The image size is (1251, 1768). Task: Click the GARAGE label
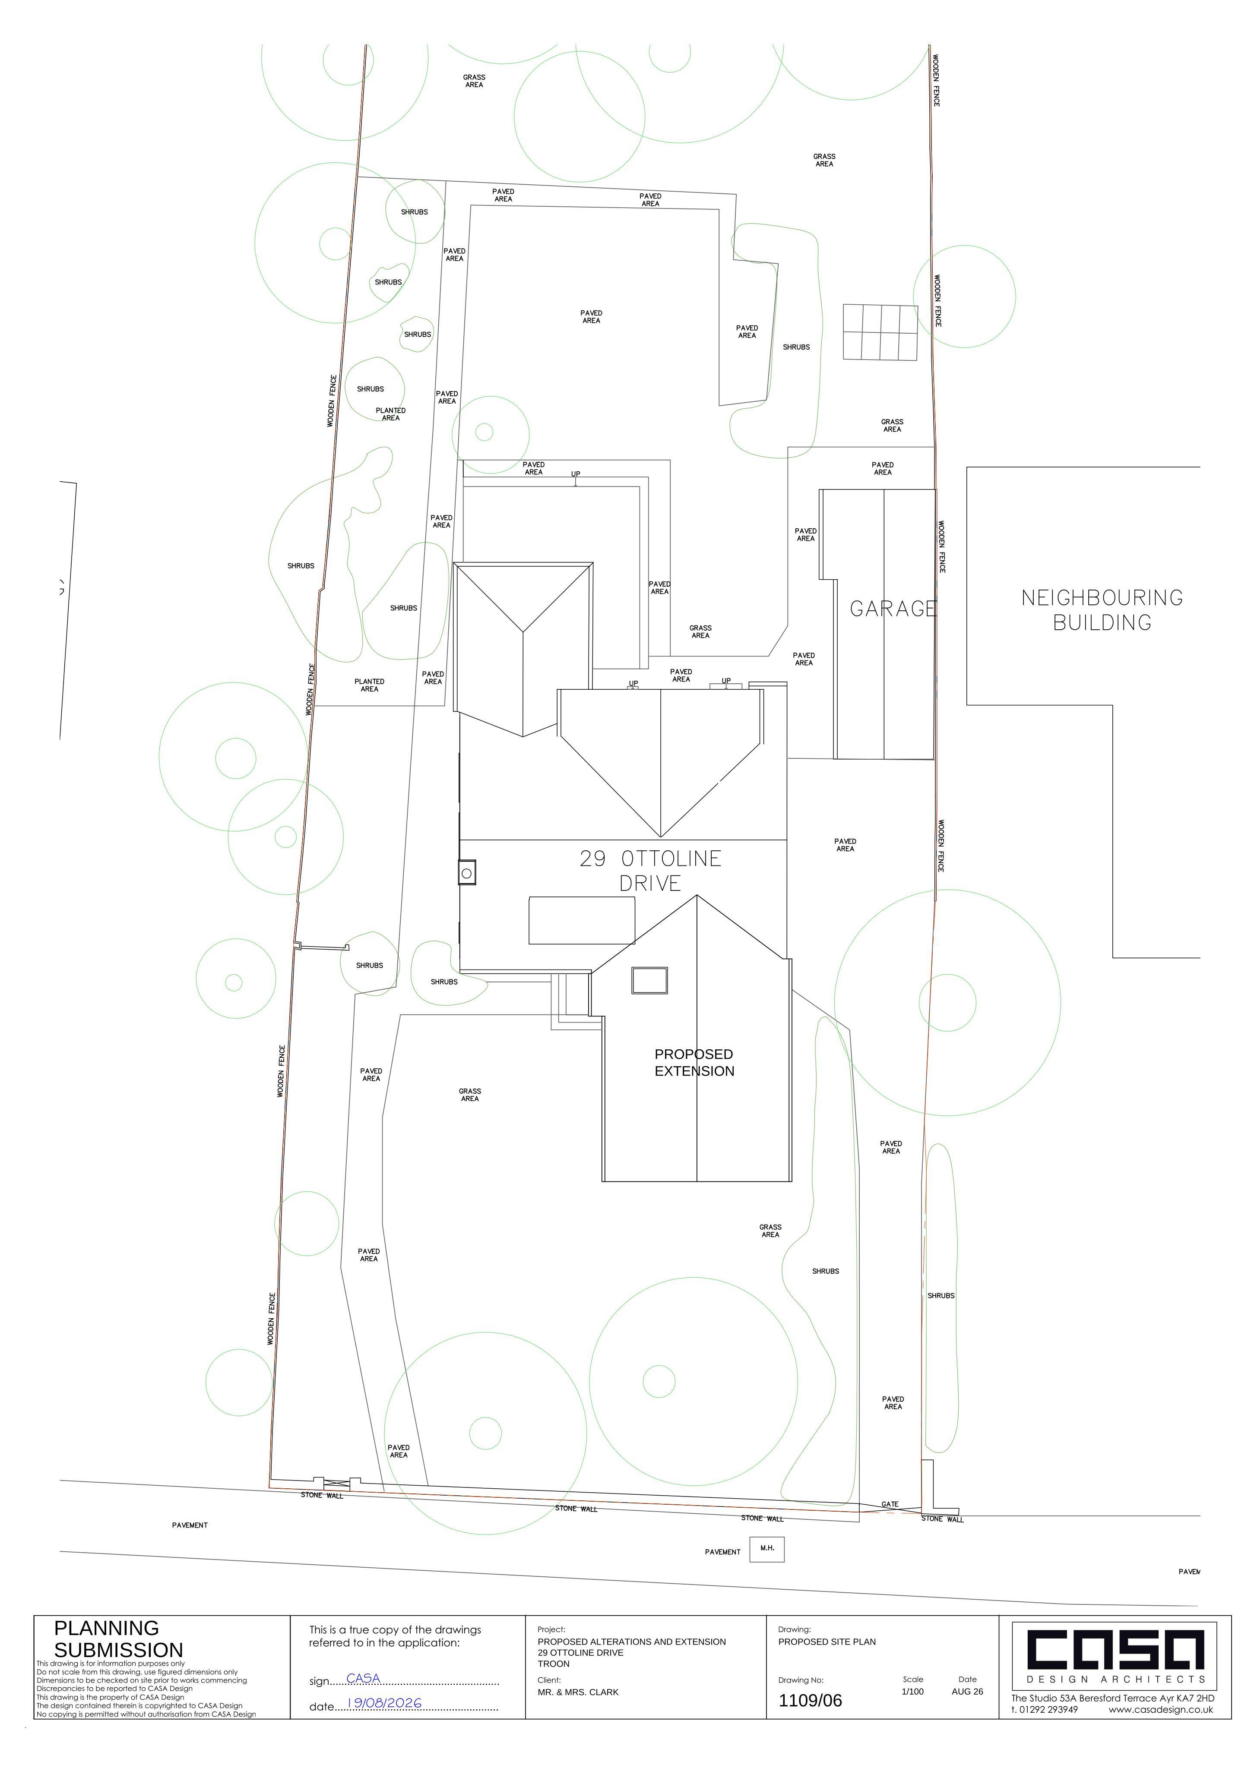[893, 609]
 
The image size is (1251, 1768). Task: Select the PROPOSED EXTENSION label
[694, 1063]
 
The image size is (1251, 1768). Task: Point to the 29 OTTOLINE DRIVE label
[650, 870]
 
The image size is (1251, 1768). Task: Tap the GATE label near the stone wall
[890, 1504]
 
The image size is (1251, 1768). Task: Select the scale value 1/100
[913, 1692]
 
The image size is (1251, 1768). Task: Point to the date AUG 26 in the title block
[968, 1692]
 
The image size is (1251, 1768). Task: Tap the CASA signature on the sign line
[363, 1678]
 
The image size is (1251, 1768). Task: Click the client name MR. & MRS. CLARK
[578, 1692]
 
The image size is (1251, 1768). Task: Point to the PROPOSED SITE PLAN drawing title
[827, 1641]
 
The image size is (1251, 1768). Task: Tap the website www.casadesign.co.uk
[1161, 1709]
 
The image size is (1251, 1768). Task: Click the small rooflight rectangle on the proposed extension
[649, 980]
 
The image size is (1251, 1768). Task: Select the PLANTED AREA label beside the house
[370, 685]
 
